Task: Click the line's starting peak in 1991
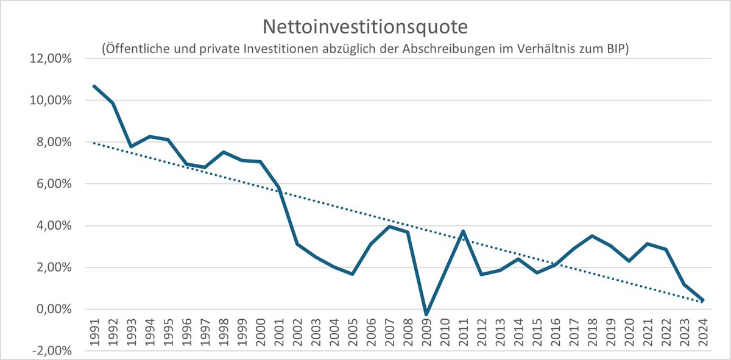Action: click(x=95, y=86)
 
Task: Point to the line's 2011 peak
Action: click(x=463, y=231)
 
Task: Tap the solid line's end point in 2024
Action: click(x=702, y=300)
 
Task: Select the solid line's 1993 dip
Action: click(x=132, y=147)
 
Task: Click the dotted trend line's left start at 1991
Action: click(x=95, y=143)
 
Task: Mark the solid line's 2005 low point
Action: click(x=352, y=274)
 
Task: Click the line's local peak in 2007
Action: click(x=389, y=227)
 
